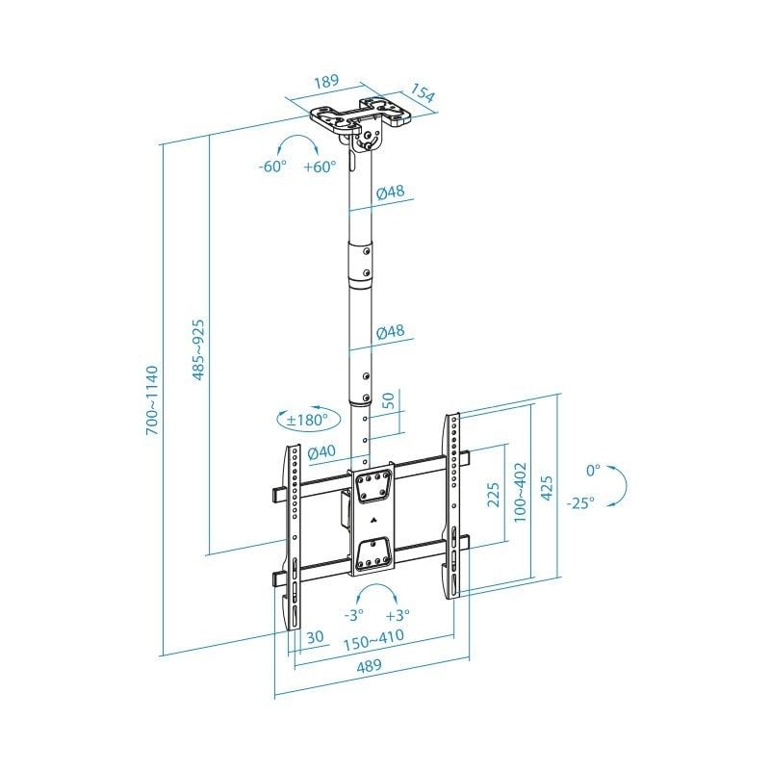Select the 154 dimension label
(423, 95)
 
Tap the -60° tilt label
(273, 166)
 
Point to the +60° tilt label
(319, 166)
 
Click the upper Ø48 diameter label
(390, 191)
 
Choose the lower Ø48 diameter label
(390, 331)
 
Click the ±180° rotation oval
(307, 420)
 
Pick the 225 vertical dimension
(492, 494)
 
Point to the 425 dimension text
(548, 490)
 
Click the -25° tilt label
(580, 501)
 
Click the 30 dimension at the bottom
(314, 637)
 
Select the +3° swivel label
(398, 614)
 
